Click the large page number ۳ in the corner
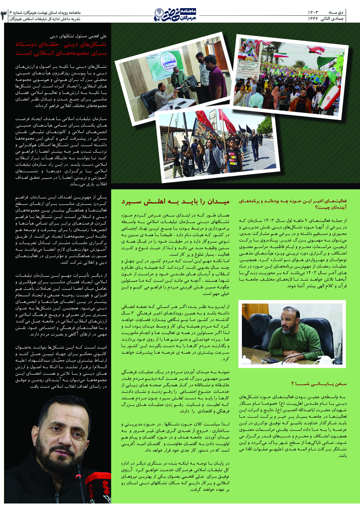coord(4,15)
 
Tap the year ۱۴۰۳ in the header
coord(313,12)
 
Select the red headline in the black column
coord(61,49)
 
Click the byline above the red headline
coord(78,36)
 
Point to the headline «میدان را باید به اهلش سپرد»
coord(175,202)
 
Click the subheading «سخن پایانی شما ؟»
coord(319,384)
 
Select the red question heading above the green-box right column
coord(293,204)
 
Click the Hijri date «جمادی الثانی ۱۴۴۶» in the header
coord(326,19)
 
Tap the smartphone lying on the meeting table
coord(271,360)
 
